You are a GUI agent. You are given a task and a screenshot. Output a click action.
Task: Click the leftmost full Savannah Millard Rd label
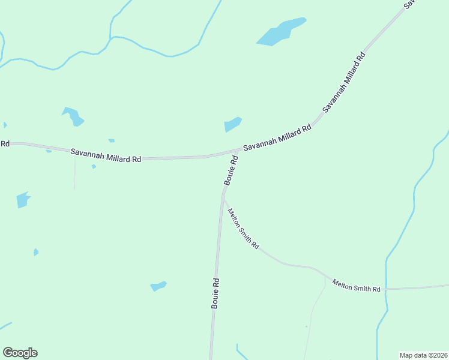click(106, 155)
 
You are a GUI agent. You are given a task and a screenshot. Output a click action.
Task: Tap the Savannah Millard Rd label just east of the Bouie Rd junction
click(277, 137)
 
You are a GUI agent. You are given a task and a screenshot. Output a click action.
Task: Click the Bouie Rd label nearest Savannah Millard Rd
click(231, 170)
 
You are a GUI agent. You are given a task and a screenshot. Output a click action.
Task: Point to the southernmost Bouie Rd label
click(215, 293)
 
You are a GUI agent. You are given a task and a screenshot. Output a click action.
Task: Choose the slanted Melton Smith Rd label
click(243, 229)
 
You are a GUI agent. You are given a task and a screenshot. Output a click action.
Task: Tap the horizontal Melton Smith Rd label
click(357, 286)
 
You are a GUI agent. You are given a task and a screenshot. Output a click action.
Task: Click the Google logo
click(20, 353)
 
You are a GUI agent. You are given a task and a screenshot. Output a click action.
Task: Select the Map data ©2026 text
click(424, 355)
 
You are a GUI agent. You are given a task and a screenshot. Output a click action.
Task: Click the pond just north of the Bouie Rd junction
click(232, 124)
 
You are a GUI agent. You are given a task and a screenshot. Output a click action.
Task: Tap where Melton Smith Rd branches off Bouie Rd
click(223, 196)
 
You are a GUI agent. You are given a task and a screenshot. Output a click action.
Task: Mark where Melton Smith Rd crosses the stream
click(387, 289)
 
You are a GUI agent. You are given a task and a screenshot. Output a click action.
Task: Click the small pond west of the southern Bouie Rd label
click(158, 286)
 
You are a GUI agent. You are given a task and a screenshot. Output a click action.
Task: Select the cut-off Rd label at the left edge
click(5, 143)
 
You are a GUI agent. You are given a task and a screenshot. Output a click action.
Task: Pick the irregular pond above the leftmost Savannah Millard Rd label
click(73, 116)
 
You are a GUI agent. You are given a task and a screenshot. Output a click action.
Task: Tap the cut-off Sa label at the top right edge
click(411, 4)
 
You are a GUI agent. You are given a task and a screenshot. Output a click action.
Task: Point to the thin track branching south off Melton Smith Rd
click(312, 318)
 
